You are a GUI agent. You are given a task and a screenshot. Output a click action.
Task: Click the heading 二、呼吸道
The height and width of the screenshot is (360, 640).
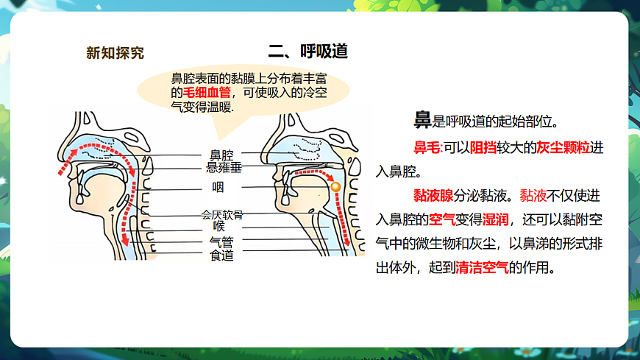pyautogui.click(x=308, y=52)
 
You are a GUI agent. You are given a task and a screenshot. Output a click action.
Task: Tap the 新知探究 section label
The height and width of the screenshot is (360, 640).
pyautogui.click(x=115, y=53)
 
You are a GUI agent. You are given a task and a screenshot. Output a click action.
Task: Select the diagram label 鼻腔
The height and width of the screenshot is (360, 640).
pyautogui.click(x=221, y=155)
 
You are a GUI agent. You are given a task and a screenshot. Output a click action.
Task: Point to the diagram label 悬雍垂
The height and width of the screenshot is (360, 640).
pyautogui.click(x=224, y=168)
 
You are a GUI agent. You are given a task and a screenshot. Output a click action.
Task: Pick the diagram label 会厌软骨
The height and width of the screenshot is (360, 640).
pyautogui.click(x=222, y=215)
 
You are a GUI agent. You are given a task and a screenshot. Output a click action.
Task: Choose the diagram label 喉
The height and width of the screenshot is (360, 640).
pyautogui.click(x=218, y=226)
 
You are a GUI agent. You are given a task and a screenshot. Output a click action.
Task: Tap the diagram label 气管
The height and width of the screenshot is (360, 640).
pyautogui.click(x=221, y=241)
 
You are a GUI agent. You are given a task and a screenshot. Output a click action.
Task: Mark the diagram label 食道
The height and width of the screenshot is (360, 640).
pyautogui.click(x=221, y=255)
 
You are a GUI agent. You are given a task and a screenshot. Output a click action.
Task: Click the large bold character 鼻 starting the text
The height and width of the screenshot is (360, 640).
pyautogui.click(x=422, y=120)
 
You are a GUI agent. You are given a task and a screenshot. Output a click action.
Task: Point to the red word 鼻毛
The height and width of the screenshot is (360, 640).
pyautogui.click(x=426, y=148)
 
